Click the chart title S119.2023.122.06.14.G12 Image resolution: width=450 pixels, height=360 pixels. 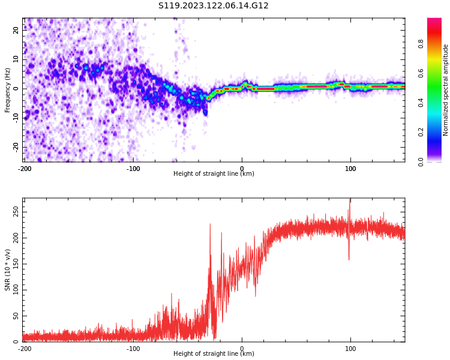pos(213,6)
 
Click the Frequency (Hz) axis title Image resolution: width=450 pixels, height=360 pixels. pos(8,90)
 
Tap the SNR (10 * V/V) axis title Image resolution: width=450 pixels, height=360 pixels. pos(8,271)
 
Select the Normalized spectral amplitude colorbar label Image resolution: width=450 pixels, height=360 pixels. pos(446,90)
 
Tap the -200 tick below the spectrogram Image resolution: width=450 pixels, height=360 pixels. pos(25,169)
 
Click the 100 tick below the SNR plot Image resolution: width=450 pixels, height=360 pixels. pos(350,349)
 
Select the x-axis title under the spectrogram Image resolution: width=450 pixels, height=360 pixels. pos(214,174)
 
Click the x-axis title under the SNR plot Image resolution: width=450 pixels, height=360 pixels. pos(214,354)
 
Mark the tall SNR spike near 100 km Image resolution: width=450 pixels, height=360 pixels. pos(350,203)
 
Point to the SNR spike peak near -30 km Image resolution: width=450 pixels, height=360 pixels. pos(210,225)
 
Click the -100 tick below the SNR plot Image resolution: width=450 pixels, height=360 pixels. pos(133,349)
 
